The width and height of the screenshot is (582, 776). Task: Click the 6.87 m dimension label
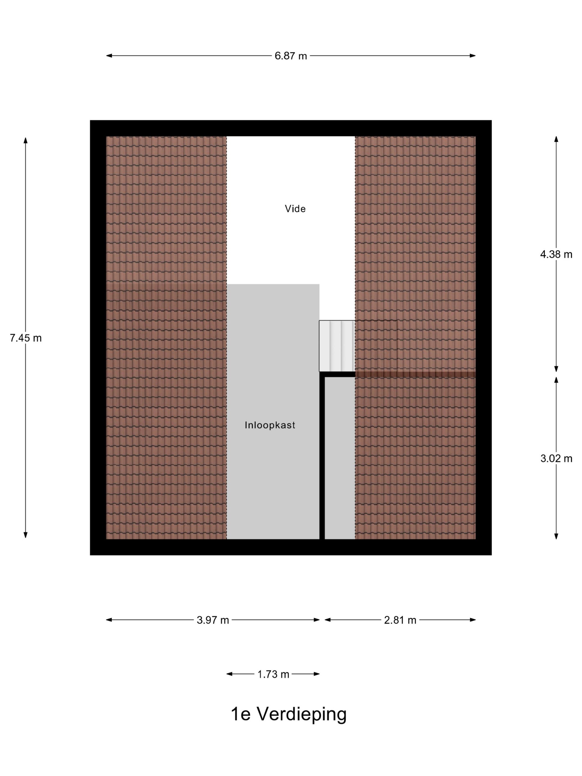[x=290, y=56]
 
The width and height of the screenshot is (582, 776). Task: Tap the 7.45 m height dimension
[x=25, y=338]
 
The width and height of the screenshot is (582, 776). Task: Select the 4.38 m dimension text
[x=556, y=254]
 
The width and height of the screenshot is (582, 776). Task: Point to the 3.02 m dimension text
[x=556, y=458]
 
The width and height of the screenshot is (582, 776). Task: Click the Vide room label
[x=295, y=209]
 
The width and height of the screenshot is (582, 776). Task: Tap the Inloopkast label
[x=270, y=425]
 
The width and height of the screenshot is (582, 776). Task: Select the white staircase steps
[x=337, y=346]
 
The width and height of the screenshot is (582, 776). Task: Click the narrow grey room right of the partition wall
[x=339, y=458]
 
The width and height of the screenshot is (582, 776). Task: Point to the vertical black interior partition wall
[x=322, y=456]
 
